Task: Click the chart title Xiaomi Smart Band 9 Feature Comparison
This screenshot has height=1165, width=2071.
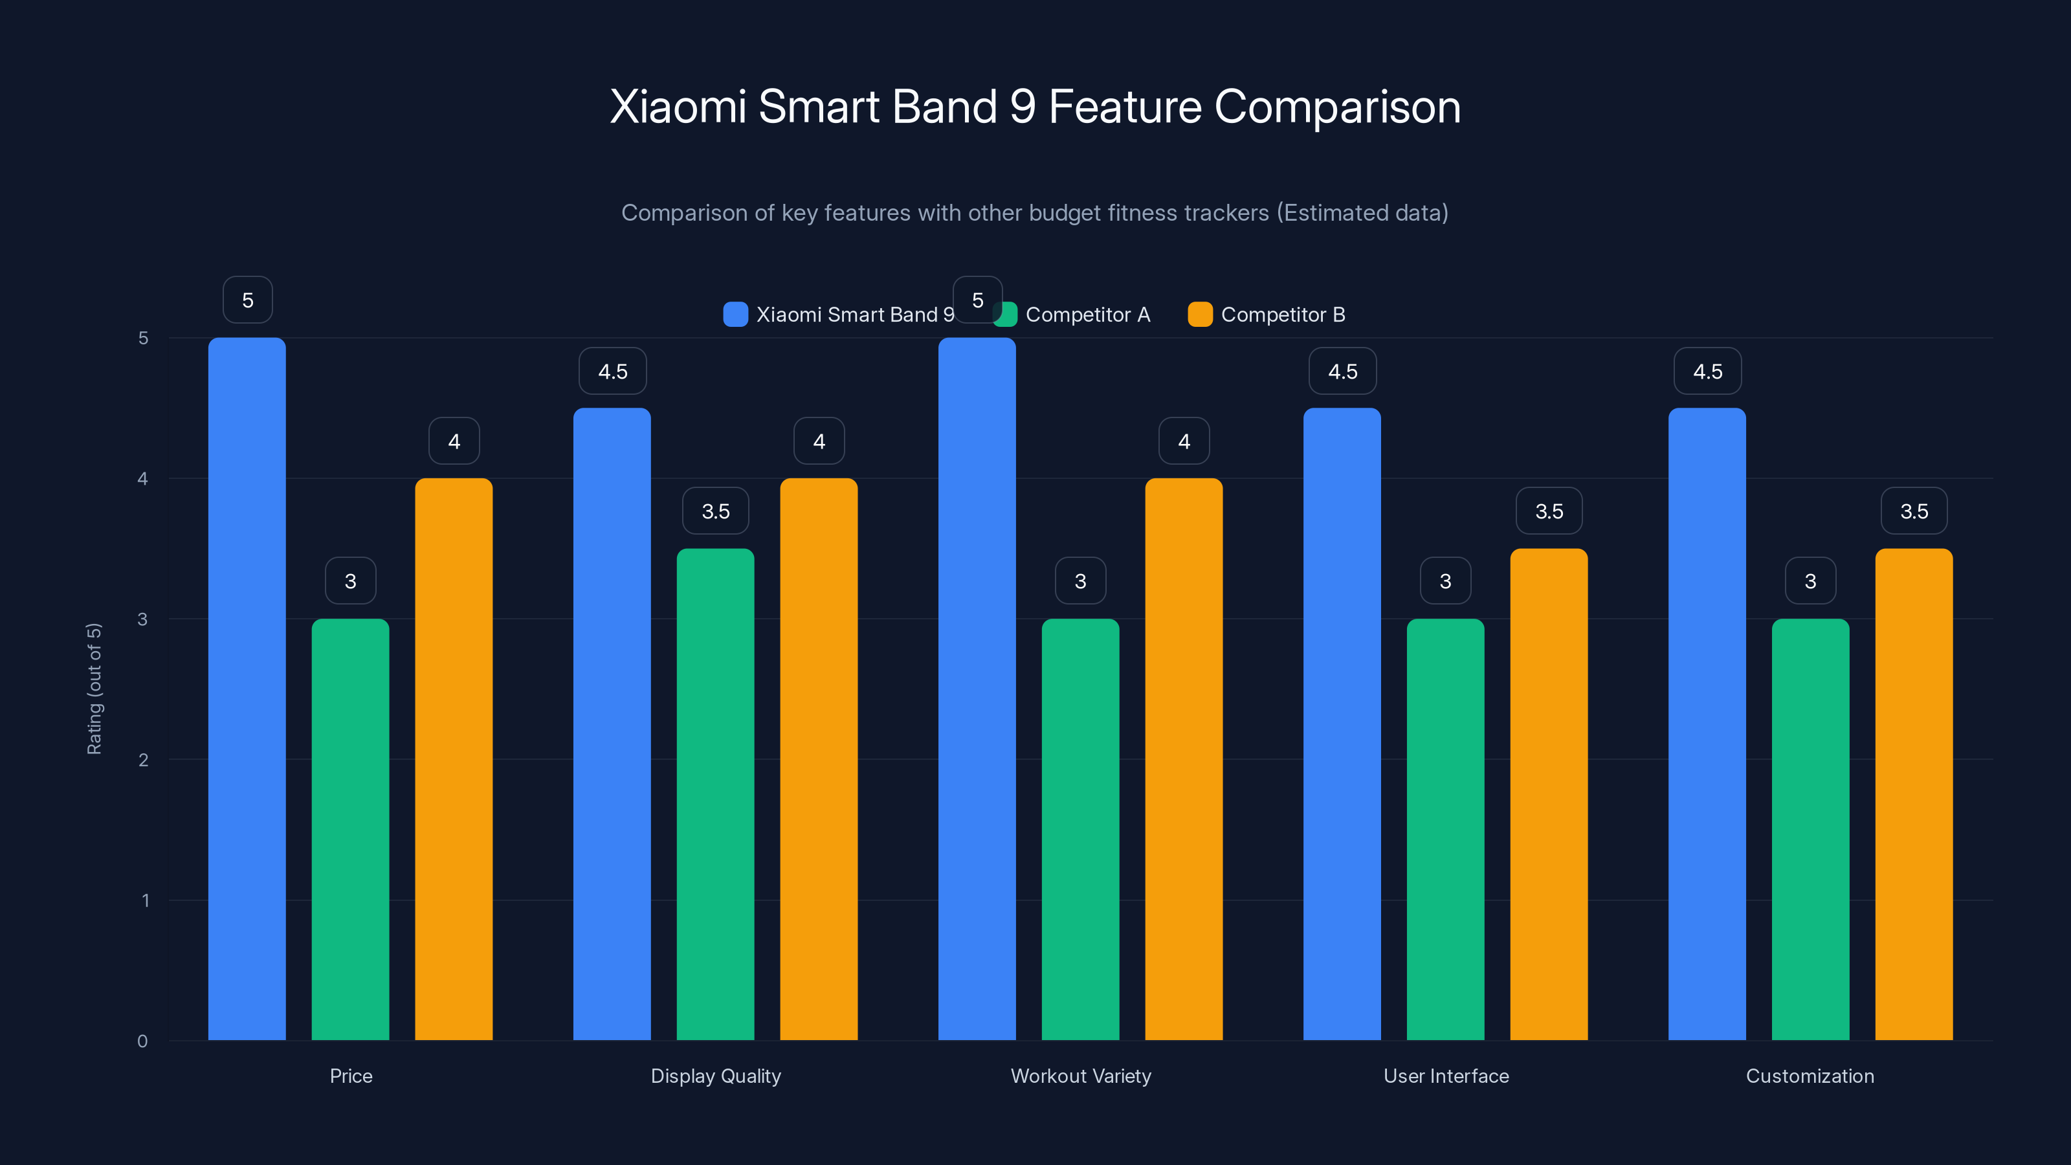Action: point(1035,107)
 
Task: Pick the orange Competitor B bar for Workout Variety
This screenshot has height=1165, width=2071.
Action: point(1184,759)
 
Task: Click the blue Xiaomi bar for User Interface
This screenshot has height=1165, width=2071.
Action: point(1342,724)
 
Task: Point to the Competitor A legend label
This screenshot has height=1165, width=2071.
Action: point(1088,315)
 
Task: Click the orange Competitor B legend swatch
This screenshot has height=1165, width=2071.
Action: point(1199,315)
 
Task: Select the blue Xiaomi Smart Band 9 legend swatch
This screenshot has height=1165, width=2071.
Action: point(735,315)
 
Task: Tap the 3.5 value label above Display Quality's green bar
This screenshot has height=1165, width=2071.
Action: point(716,511)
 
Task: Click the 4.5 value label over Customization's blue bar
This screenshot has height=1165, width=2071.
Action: point(1708,372)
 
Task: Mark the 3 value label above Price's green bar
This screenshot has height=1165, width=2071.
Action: point(351,581)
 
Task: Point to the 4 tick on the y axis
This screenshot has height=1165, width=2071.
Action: point(143,478)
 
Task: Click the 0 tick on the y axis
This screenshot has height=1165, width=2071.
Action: point(143,1041)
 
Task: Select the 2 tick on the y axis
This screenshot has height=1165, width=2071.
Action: point(143,760)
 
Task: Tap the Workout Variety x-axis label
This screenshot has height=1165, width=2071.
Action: point(1081,1076)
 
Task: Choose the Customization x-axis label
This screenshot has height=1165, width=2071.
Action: point(1810,1076)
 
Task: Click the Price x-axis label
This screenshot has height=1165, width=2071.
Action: point(351,1076)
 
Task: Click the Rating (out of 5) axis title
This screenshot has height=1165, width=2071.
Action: point(94,689)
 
